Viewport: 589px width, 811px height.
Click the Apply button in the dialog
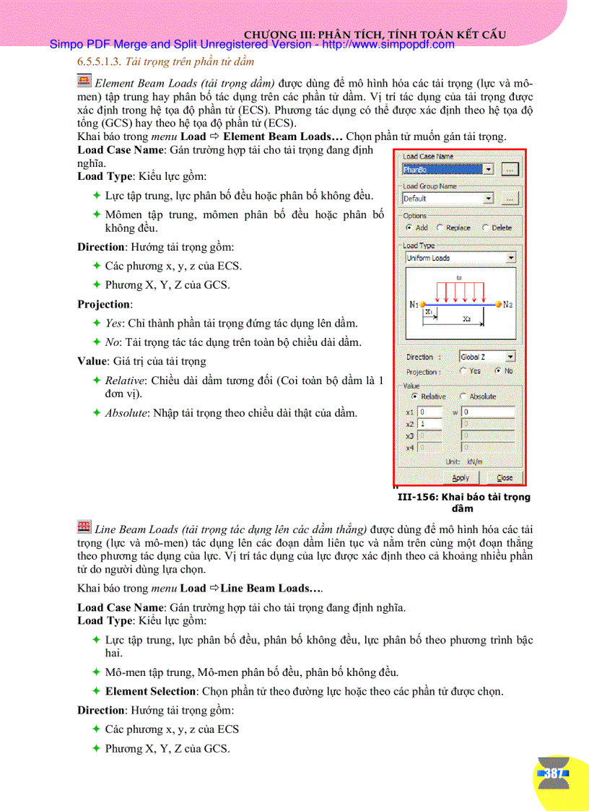(460, 477)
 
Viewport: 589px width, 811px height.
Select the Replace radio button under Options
(440, 227)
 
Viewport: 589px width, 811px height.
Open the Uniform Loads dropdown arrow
(511, 258)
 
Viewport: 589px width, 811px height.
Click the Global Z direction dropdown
(487, 357)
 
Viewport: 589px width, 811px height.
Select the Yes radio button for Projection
(463, 370)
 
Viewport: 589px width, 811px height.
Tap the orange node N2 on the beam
(498, 304)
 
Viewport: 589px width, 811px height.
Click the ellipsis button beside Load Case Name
(510, 169)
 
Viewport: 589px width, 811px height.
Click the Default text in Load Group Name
(416, 198)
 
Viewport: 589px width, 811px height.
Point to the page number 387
(554, 773)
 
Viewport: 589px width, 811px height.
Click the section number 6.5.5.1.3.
(100, 63)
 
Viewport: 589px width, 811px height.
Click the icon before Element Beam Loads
(84, 81)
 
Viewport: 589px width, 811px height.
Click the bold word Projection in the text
(104, 304)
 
